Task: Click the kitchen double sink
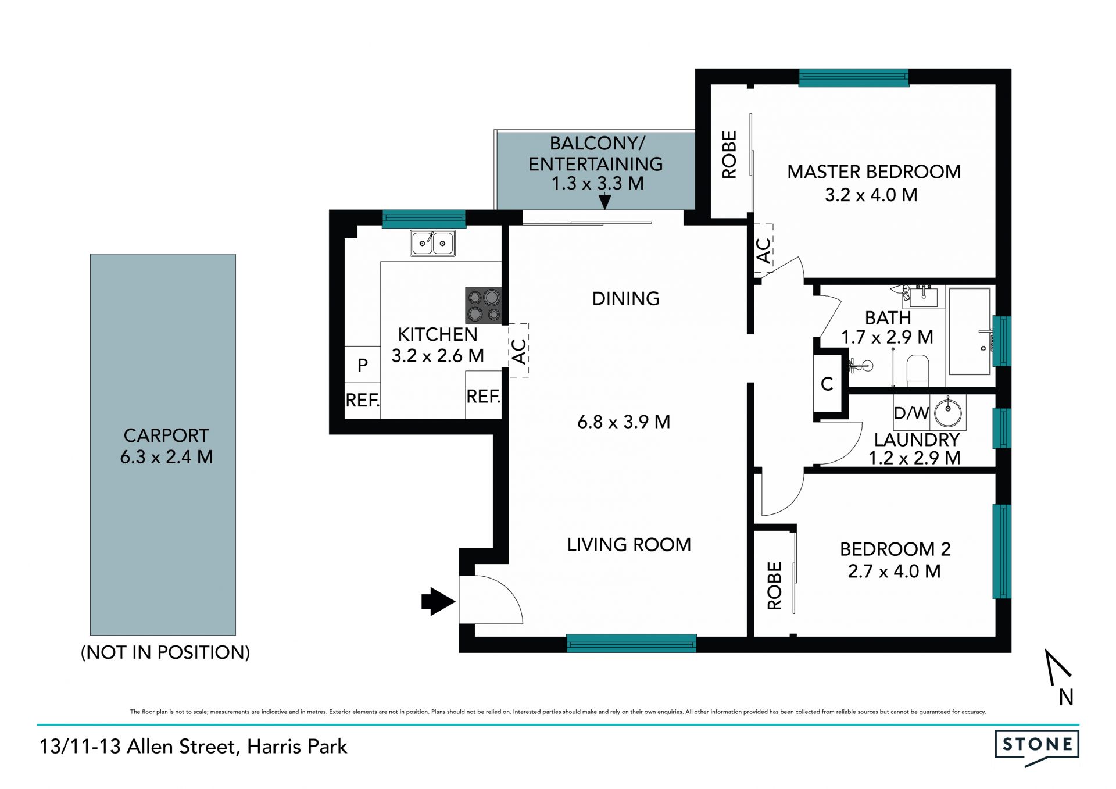(x=432, y=243)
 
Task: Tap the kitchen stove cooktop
(x=483, y=305)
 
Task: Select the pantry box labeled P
(x=363, y=365)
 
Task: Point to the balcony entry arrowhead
(x=604, y=202)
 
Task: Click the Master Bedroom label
(x=874, y=172)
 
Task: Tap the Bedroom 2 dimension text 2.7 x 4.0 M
(x=894, y=572)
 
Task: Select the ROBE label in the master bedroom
(x=729, y=154)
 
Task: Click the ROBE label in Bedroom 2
(x=774, y=585)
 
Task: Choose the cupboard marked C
(x=827, y=383)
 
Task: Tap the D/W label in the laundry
(x=911, y=413)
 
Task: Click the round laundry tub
(x=948, y=412)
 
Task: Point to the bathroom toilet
(x=918, y=371)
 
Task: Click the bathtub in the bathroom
(x=970, y=331)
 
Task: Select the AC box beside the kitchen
(x=518, y=351)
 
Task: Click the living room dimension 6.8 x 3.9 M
(x=624, y=422)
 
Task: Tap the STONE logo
(x=1037, y=747)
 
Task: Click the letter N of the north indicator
(x=1066, y=697)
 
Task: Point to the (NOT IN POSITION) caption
(x=166, y=652)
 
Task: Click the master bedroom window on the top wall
(x=853, y=78)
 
